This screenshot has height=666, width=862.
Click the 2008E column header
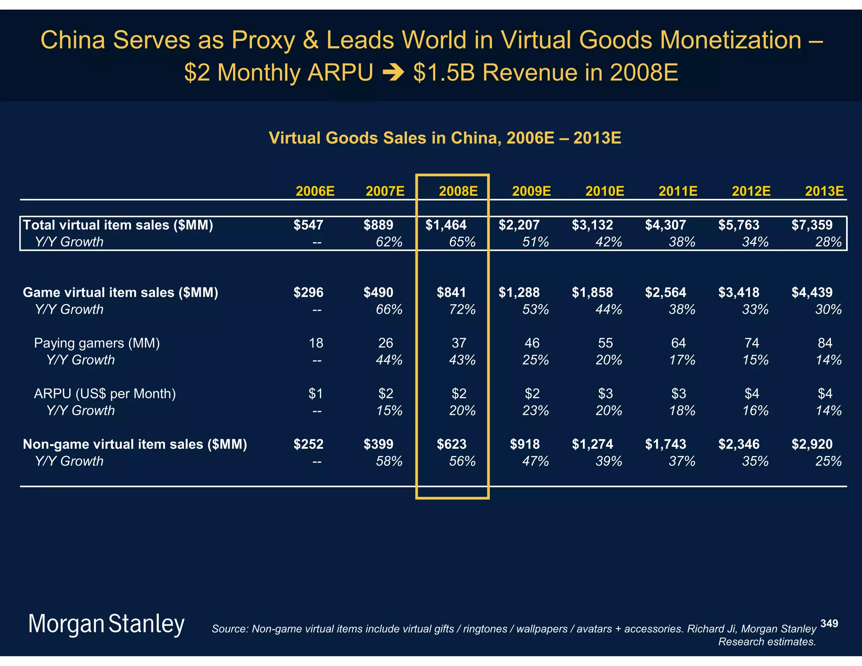coord(458,191)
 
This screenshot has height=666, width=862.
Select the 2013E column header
coord(824,191)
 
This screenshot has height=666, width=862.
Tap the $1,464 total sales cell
coord(446,225)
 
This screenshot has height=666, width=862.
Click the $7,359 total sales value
coord(812,225)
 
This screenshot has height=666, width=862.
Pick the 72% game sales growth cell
coord(462,309)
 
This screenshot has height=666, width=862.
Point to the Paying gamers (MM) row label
coord(97,343)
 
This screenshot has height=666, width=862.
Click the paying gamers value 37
coord(459,343)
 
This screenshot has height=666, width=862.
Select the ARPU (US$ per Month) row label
coord(105,394)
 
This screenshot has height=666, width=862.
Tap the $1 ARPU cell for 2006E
coord(316,394)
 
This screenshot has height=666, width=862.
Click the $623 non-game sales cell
coord(452,444)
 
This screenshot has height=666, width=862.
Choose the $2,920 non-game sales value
coord(812,444)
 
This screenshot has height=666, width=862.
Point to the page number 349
coord(829,623)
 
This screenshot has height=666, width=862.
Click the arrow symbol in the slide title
coord(393,73)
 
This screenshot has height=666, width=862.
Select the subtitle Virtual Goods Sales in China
coord(445,138)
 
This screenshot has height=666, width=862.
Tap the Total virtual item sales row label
coord(118,225)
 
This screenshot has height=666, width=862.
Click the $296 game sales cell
coord(309,293)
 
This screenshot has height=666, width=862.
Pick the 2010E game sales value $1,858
coord(592,293)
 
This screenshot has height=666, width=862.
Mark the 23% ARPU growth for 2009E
coord(535,410)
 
